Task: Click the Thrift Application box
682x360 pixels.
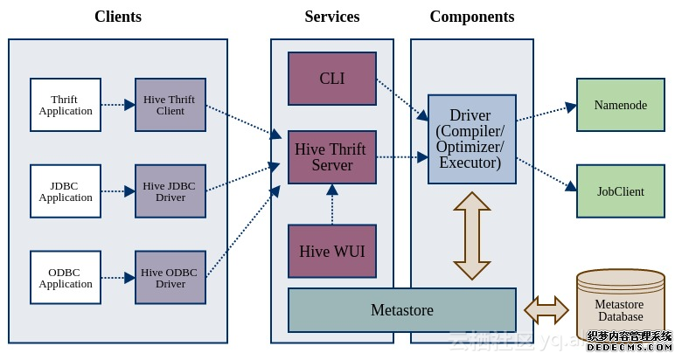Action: (x=66, y=105)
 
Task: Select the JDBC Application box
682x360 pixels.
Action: (x=66, y=191)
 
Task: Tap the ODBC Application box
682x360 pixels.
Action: (x=66, y=278)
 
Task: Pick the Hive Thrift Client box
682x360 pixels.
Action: (x=170, y=105)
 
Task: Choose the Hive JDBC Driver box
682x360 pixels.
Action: (x=170, y=191)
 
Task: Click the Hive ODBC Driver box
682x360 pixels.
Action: (x=170, y=278)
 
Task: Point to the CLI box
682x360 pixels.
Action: (x=332, y=79)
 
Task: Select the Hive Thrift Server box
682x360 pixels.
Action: (x=332, y=157)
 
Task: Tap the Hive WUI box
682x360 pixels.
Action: (x=332, y=251)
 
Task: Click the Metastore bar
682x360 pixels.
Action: (x=402, y=310)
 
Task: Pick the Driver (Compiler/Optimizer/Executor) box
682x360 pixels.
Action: (x=472, y=139)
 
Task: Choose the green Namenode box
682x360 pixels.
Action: (x=621, y=105)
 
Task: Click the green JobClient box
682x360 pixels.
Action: (x=621, y=191)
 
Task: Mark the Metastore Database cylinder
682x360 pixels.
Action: (x=621, y=306)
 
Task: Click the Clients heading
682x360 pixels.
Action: (x=118, y=17)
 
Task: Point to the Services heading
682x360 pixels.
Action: (x=332, y=17)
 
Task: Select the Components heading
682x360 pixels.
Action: (x=472, y=17)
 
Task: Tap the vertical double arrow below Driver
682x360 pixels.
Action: (x=472, y=235)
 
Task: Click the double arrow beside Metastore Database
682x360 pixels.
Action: (x=546, y=309)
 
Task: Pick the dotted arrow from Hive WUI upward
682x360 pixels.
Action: (x=332, y=204)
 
